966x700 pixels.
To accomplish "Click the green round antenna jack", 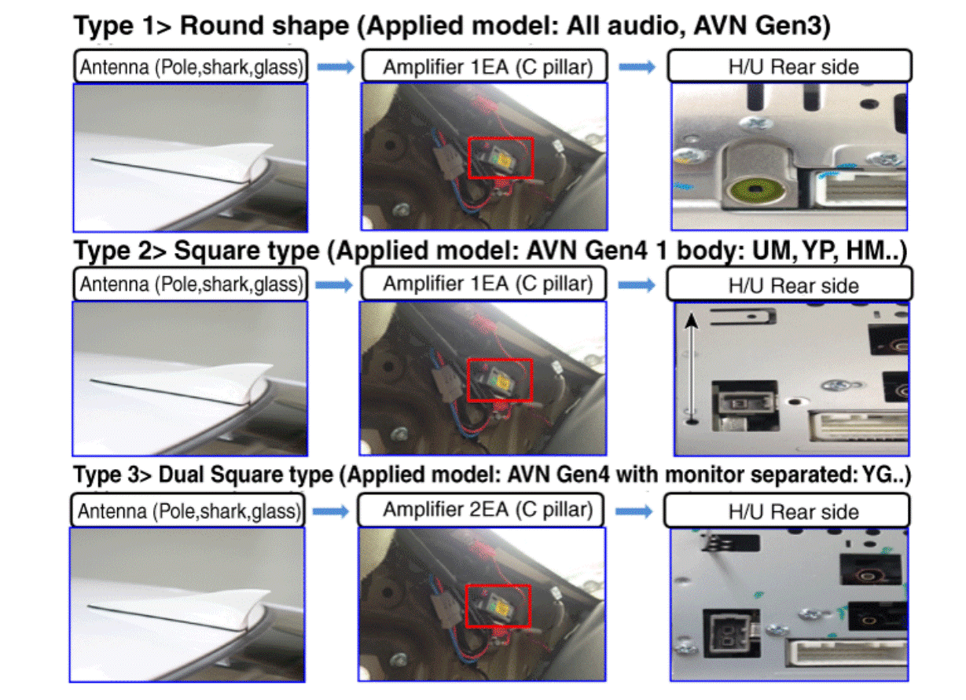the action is [754, 189].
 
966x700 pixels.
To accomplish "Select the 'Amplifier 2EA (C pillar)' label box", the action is [480, 510].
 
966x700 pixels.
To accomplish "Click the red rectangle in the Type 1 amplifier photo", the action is [501, 158].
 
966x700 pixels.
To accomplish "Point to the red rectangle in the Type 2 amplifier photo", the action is [500, 380].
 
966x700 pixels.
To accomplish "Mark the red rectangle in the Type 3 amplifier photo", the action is [498, 606].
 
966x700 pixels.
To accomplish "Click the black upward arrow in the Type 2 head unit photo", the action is [692, 368].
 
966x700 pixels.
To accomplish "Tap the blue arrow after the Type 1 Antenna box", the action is [336, 67].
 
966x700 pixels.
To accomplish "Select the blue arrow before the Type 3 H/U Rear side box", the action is [634, 511].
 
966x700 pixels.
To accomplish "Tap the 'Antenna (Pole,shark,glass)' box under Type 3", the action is [188, 511].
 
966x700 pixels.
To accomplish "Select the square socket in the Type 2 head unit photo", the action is [745, 405].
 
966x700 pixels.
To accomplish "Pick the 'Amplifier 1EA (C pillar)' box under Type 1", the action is [485, 66].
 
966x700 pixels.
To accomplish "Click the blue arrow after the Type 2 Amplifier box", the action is [637, 285].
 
